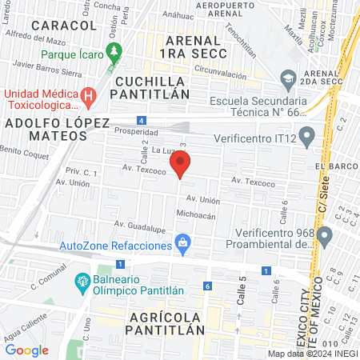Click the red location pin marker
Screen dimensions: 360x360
pyautogui.click(x=181, y=166)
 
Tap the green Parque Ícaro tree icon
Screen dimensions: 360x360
pyautogui.click(x=114, y=53)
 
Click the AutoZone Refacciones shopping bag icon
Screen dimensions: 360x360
pyautogui.click(x=184, y=241)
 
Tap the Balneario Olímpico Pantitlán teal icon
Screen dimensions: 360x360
pyautogui.click(x=81, y=282)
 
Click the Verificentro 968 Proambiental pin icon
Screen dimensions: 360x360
pyautogui.click(x=324, y=235)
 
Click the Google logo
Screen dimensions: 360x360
pyautogui.click(x=27, y=350)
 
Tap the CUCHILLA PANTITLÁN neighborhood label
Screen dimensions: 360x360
pyautogui.click(x=152, y=87)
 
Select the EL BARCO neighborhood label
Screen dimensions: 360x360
pyautogui.click(x=333, y=166)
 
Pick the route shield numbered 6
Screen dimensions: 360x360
pyautogui.click(x=207, y=286)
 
